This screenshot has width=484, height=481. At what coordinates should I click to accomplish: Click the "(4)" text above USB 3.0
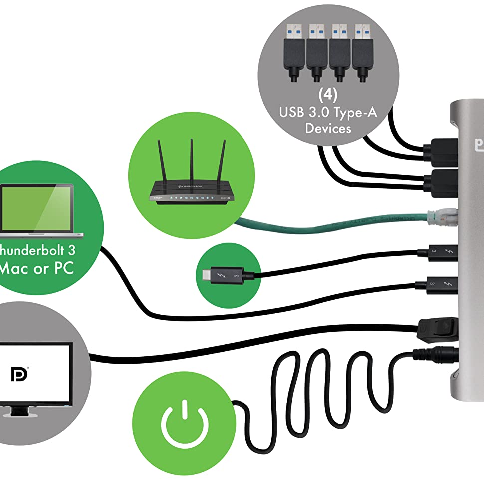328,95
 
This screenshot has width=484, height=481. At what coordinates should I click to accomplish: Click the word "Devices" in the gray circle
328,129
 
